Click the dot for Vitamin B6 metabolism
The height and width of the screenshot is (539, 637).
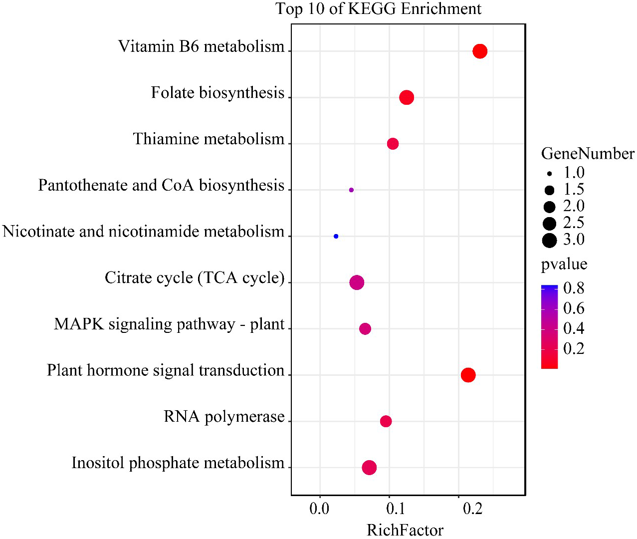(x=479, y=51)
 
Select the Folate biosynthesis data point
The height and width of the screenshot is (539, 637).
(x=407, y=97)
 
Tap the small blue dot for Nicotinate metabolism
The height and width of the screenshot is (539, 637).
(x=336, y=236)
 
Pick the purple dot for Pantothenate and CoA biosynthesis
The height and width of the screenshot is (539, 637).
(x=351, y=190)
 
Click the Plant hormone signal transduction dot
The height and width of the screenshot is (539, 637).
(x=468, y=375)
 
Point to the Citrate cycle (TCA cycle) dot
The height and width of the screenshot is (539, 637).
(x=357, y=282)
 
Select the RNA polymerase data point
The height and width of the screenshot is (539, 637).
(x=386, y=421)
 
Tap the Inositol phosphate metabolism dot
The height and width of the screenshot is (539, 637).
(x=369, y=468)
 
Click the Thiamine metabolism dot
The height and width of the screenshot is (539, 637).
(x=393, y=144)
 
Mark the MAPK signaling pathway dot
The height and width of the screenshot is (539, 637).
(x=365, y=329)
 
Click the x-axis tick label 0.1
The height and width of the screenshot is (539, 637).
(x=396, y=509)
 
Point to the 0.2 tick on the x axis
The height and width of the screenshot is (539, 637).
(x=472, y=509)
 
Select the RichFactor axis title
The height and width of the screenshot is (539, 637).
(x=405, y=530)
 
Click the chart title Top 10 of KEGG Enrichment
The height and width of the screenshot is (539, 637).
(x=378, y=9)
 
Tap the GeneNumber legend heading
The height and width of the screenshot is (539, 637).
(x=588, y=154)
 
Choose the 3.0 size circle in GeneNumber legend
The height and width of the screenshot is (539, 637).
(x=549, y=241)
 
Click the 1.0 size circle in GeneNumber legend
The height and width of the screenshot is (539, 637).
(x=549, y=174)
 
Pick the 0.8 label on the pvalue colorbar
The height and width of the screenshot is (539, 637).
(x=574, y=288)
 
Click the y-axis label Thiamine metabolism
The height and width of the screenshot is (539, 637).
(x=209, y=139)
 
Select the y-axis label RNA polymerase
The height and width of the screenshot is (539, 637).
(x=224, y=416)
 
